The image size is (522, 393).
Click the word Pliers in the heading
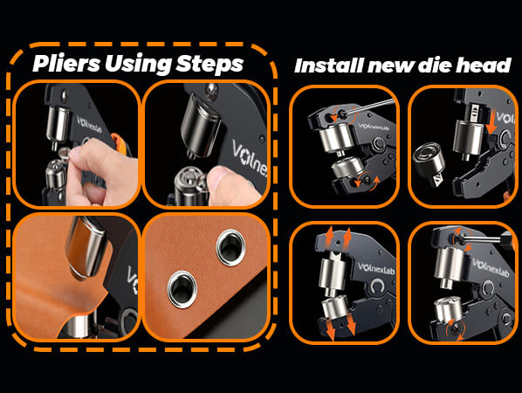[66, 63]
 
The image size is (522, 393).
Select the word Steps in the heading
[209, 64]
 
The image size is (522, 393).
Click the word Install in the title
[328, 65]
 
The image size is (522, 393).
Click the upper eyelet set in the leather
[230, 247]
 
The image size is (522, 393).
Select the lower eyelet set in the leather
[182, 289]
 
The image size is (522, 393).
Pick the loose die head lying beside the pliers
[429, 162]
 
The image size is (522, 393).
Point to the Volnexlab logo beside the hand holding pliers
[89, 124]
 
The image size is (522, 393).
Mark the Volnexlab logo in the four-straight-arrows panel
[376, 269]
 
